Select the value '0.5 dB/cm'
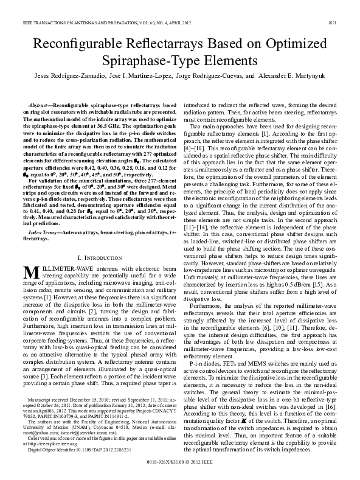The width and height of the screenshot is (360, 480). pos(299,267)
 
